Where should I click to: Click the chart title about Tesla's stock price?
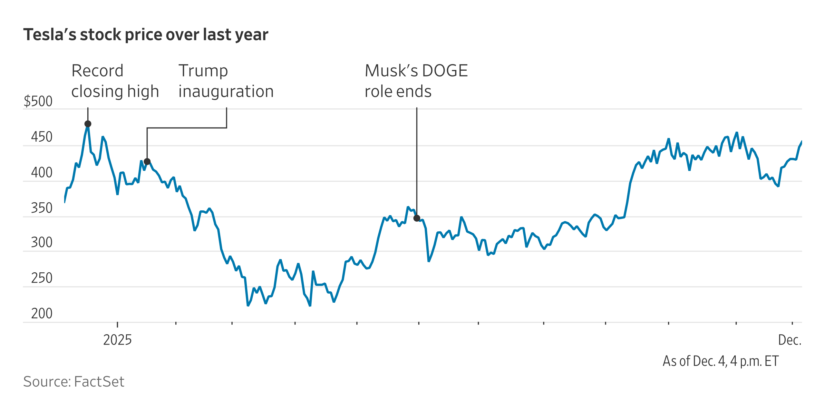146,35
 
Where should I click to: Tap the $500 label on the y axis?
38,102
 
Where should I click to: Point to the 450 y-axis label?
42,137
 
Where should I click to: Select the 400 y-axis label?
42,173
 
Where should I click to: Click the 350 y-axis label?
42,208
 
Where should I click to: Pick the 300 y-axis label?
42,243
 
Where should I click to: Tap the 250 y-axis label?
42,278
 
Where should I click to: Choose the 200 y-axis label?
42,314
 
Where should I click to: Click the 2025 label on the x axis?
117,340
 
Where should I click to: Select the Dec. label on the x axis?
790,340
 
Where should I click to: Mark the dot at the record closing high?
88,124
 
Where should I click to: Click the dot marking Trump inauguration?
147,162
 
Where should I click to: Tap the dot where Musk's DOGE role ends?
417,218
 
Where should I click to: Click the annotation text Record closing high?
115,81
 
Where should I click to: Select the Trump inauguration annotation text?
226,81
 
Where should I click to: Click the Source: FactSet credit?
74,382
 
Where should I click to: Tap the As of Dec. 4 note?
721,361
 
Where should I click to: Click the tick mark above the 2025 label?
117,324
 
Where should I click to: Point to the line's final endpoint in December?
801,142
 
